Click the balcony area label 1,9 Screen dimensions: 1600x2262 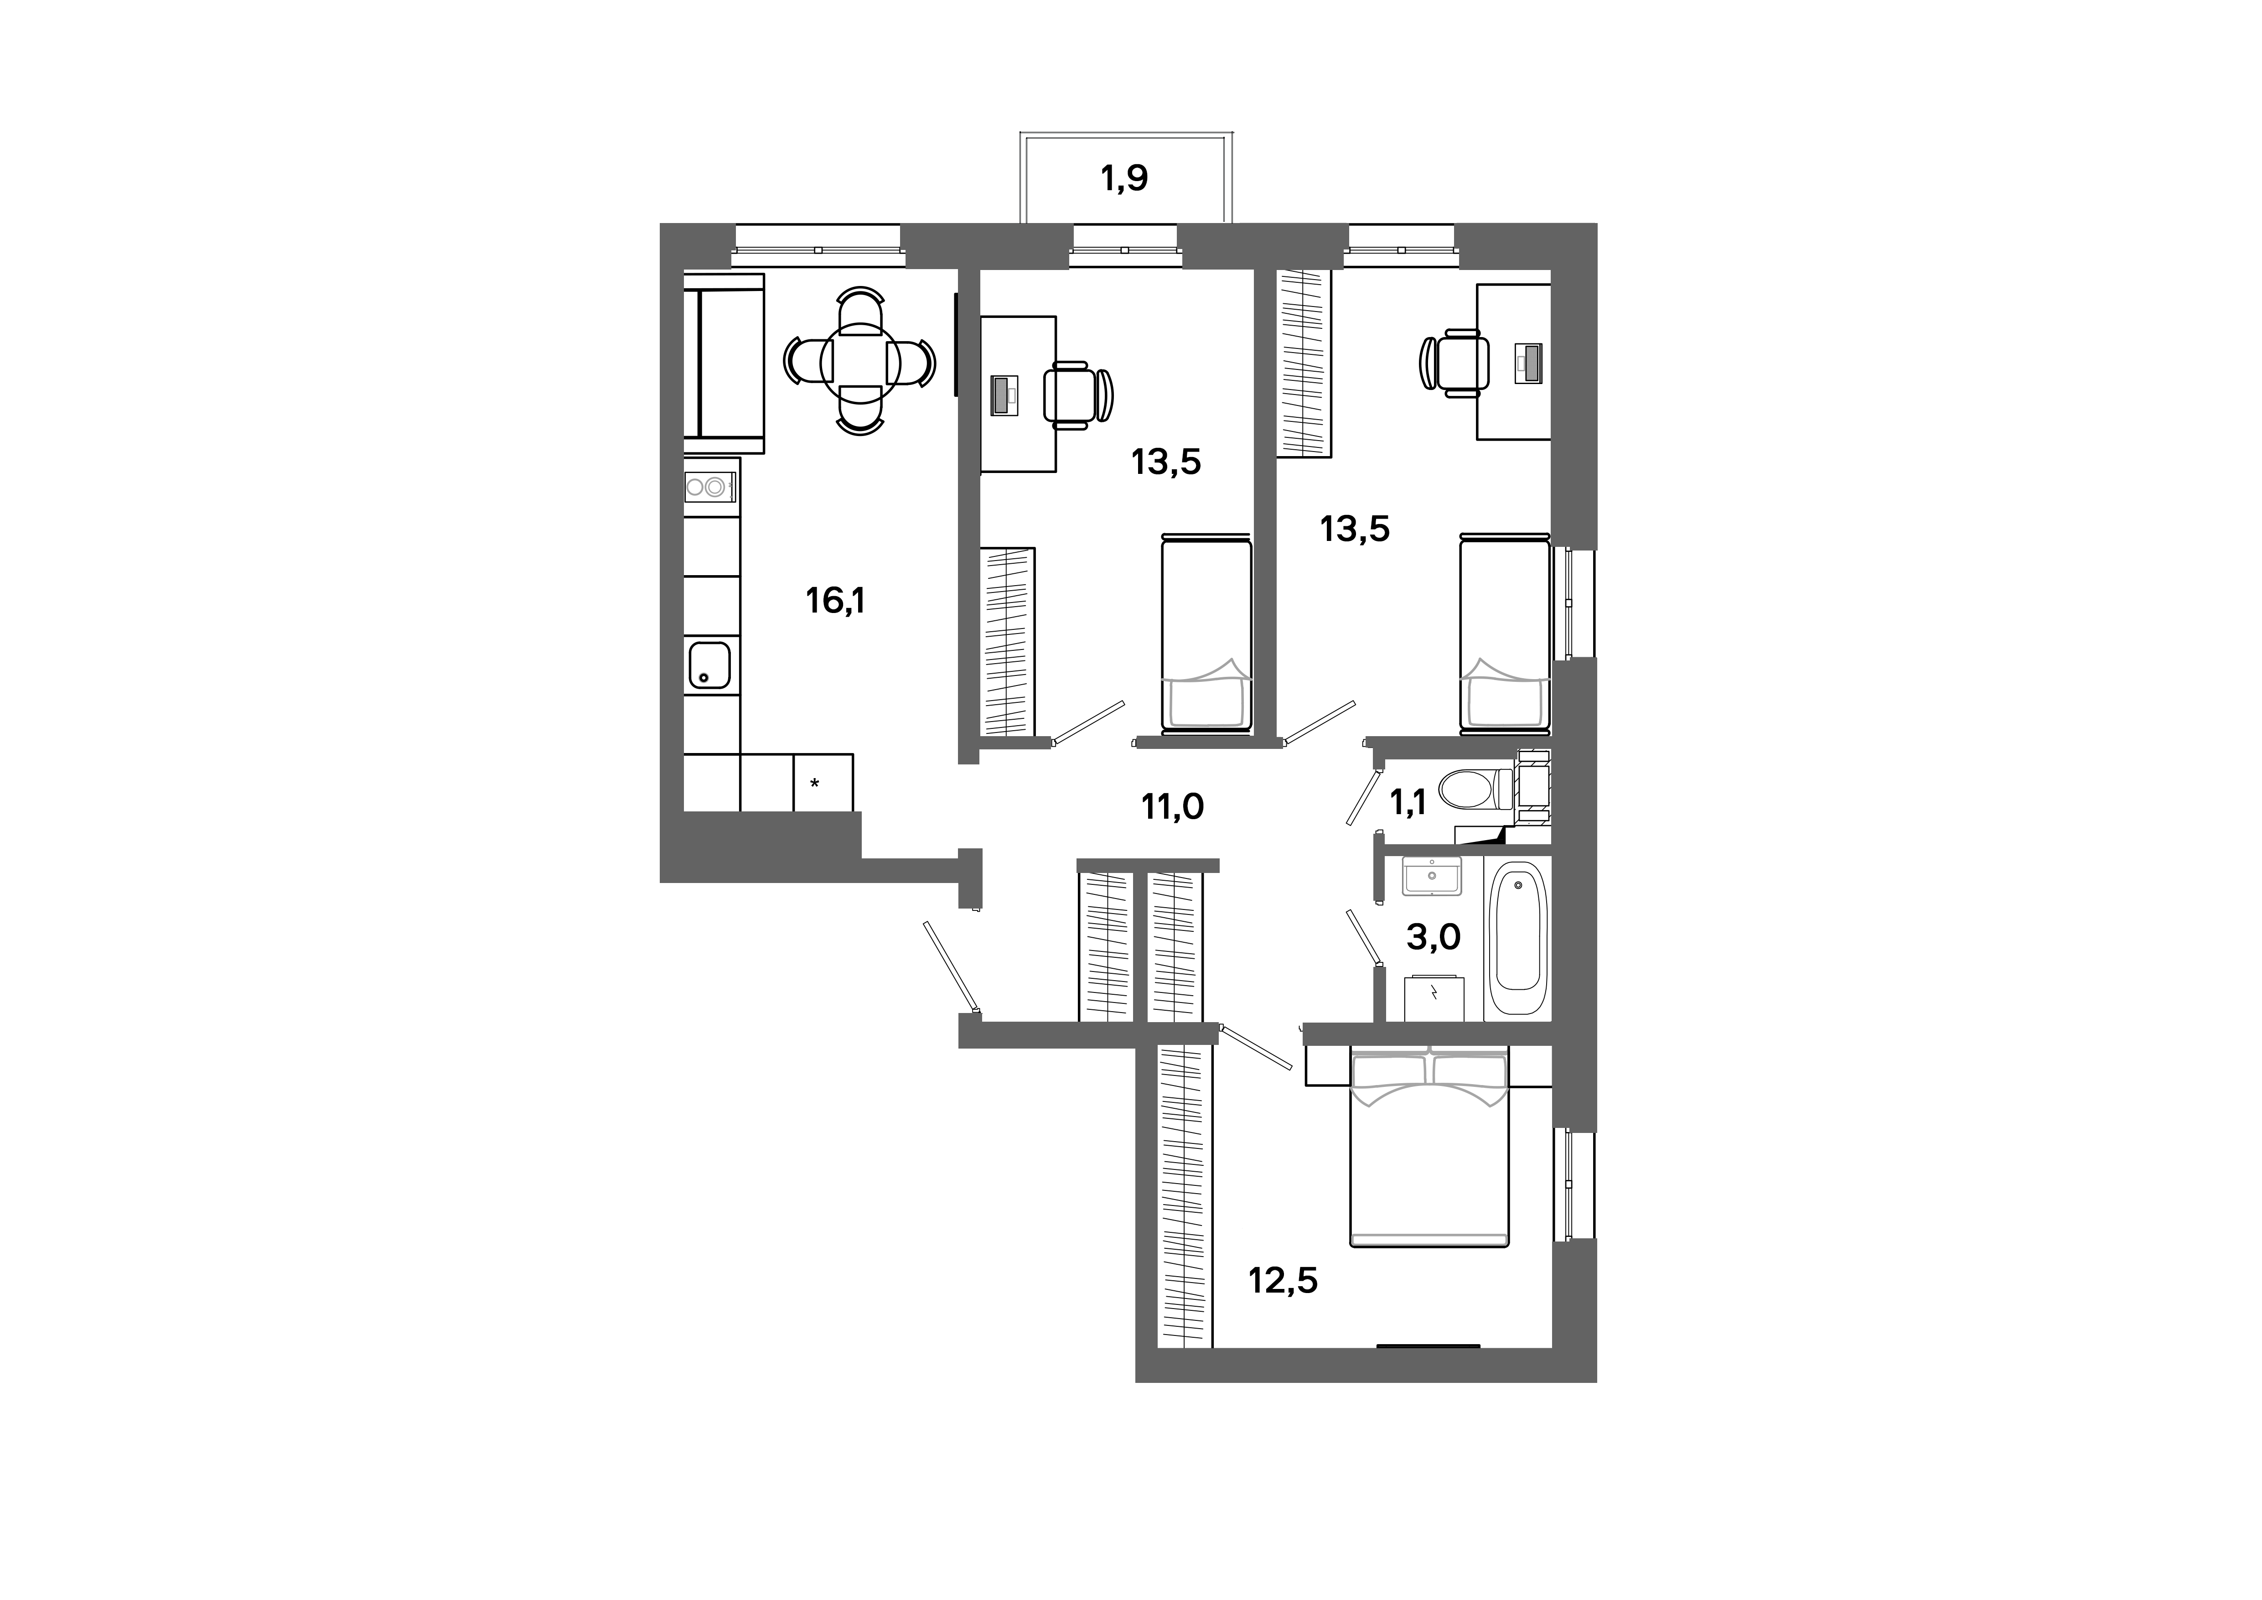[x=1124, y=178]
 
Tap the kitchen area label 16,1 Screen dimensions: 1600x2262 [x=835, y=600]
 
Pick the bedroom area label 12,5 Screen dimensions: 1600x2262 [x=1283, y=1281]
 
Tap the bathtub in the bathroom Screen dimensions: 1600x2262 [x=1517, y=938]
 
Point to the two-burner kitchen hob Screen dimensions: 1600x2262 [x=710, y=486]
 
